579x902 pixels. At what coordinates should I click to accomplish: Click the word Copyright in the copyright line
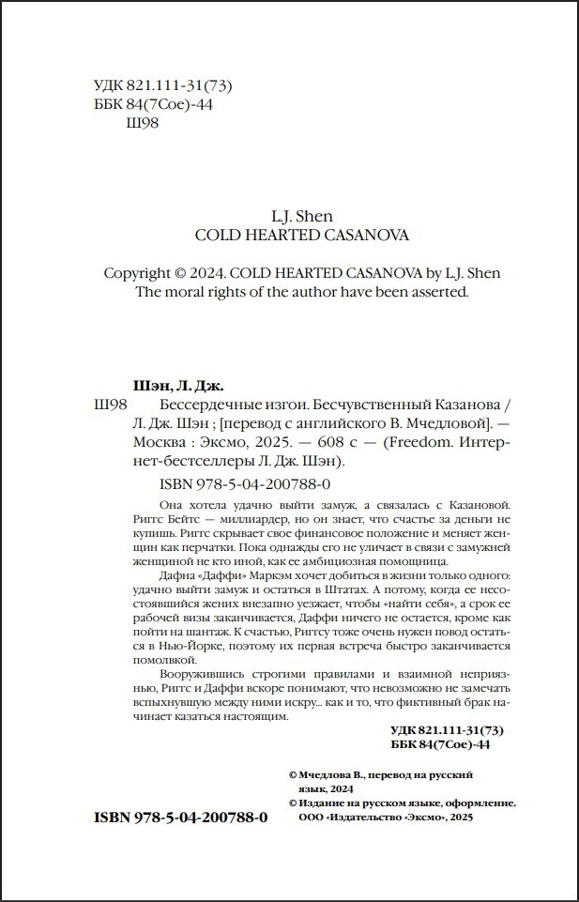point(135,273)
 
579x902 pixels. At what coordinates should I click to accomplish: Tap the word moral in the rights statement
point(186,291)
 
